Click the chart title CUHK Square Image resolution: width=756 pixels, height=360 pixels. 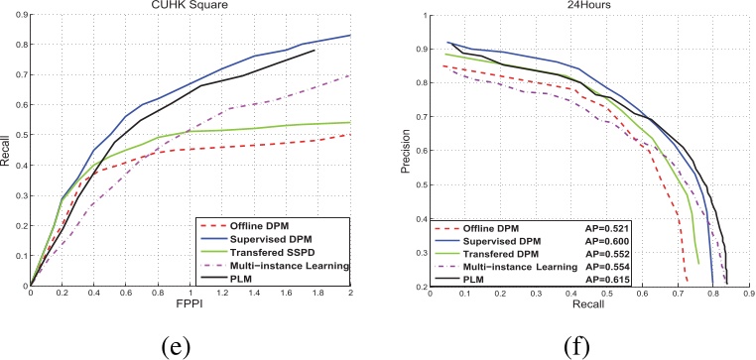(x=191, y=8)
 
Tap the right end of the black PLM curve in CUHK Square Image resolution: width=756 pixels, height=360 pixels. (x=315, y=50)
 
